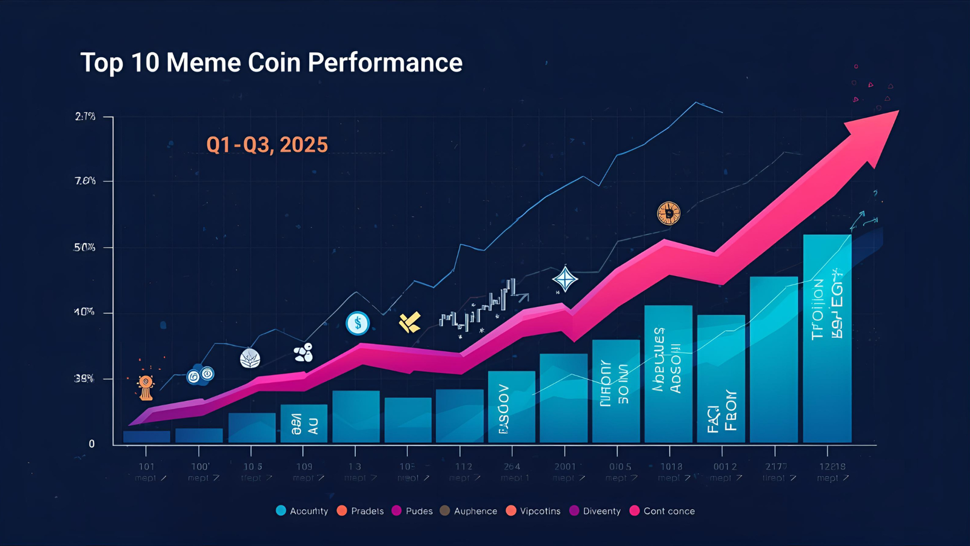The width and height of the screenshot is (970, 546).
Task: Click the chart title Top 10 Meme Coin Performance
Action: (271, 62)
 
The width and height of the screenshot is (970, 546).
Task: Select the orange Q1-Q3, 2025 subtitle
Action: (267, 145)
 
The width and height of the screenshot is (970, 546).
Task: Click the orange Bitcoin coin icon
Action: (669, 214)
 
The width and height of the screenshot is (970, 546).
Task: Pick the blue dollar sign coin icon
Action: (358, 323)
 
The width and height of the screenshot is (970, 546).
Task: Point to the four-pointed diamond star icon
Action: (565, 280)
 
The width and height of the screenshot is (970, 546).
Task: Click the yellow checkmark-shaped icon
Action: (410, 322)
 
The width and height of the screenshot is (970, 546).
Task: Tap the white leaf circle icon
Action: (250, 359)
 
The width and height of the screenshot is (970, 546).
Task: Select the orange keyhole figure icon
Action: (145, 386)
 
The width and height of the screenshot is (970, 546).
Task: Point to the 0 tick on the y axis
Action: (92, 444)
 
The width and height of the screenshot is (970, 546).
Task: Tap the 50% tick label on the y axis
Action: (84, 248)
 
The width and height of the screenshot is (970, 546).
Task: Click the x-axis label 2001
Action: (565, 467)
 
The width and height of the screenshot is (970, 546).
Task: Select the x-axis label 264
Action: (512, 467)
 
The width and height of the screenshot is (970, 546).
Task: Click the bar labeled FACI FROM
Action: (721, 379)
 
